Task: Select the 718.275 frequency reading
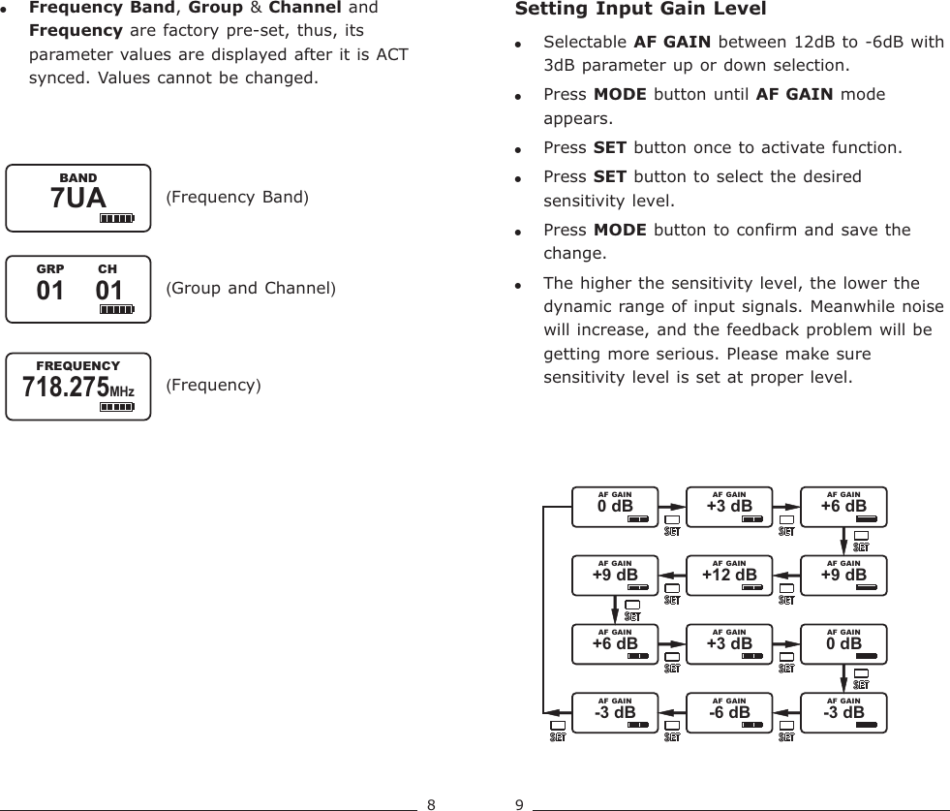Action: coord(64,388)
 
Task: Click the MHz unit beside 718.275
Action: coord(121,391)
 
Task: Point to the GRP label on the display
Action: coord(49,268)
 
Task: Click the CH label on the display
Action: coord(107,268)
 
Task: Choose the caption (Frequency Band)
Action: coord(237,199)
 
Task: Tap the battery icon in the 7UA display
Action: coord(116,219)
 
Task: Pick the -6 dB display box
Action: coord(729,712)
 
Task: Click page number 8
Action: coord(432,803)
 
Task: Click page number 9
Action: coord(519,803)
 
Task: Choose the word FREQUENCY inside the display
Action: coord(77,365)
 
